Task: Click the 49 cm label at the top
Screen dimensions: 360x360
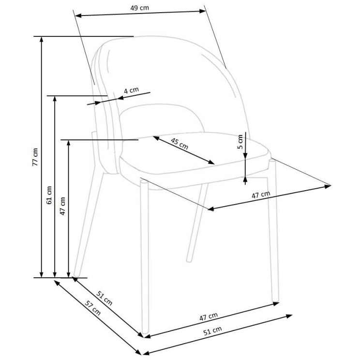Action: coord(139,8)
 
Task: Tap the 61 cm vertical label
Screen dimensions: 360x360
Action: coord(49,195)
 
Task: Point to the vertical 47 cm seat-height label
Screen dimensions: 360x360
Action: coord(62,206)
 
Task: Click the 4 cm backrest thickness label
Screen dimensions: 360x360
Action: coord(131,90)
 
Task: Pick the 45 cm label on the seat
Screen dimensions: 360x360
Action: coord(180,144)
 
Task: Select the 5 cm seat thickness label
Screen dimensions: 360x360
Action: coord(240,142)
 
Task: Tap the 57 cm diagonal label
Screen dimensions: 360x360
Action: coord(93,308)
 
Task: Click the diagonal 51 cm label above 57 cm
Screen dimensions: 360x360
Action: coord(105,298)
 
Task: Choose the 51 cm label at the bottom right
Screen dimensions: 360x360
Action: coord(212,331)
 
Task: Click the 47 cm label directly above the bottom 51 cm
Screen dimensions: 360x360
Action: coord(208,316)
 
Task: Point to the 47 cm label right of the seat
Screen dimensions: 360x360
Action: coord(261,195)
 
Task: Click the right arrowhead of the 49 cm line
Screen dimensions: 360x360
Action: coord(204,11)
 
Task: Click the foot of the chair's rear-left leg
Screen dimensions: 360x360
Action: coord(76,274)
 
